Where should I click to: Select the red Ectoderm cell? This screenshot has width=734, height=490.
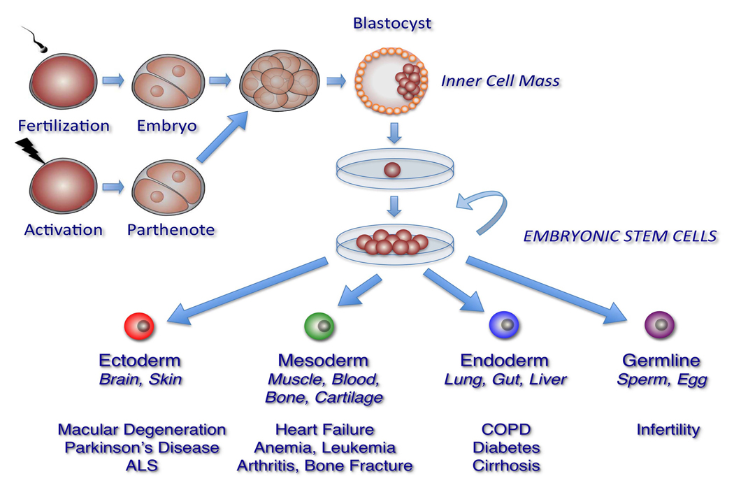tap(138, 326)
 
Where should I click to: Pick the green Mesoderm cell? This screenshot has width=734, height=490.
tap(319, 326)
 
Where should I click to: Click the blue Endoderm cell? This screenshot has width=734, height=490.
tap(503, 326)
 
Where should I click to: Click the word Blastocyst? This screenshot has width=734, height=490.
tap(392, 23)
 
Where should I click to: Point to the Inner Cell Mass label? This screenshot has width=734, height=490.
tap(501, 80)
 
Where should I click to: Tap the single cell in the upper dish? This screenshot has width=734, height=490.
tap(393, 170)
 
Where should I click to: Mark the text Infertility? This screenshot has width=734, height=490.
tap(668, 429)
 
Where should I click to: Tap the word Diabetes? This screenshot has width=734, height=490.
tap(506, 447)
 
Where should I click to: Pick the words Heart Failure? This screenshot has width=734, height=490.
tap(324, 429)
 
